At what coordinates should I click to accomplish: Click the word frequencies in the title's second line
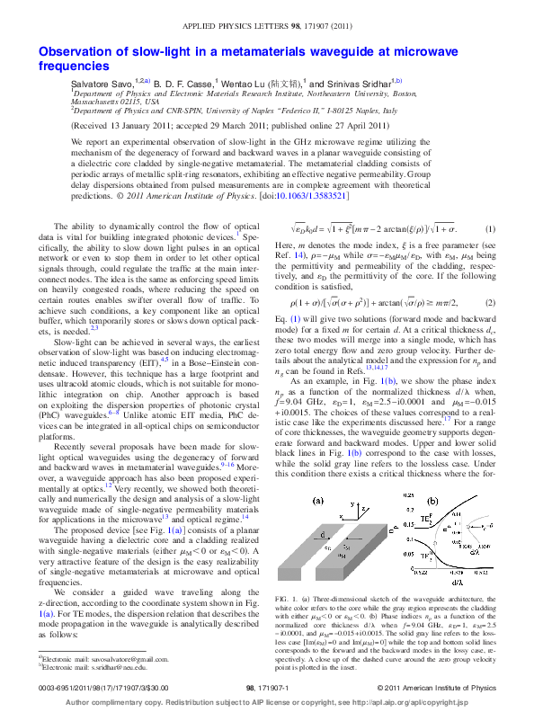74,67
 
